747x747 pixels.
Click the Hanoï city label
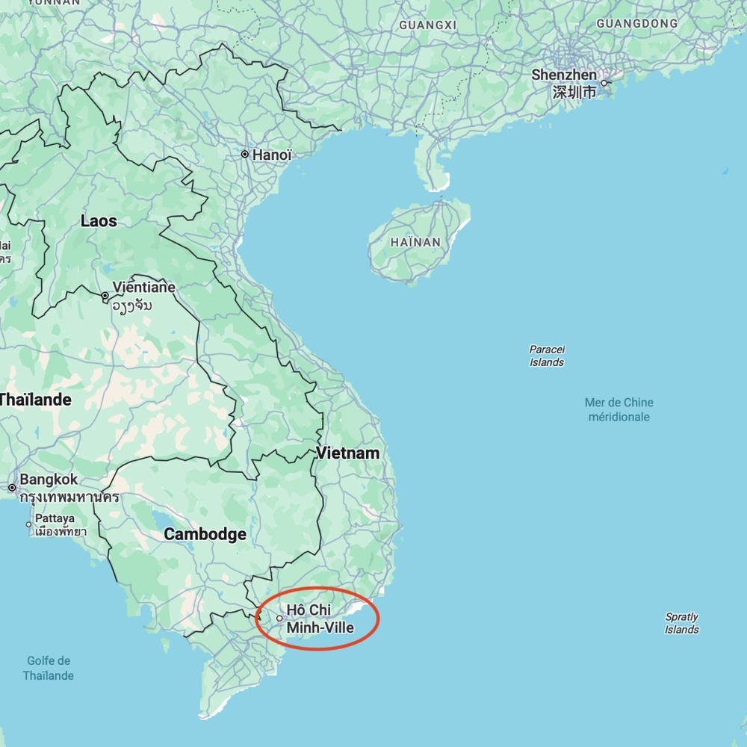click(x=272, y=155)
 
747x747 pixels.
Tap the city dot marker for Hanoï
click(x=244, y=155)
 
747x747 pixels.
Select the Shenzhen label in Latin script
click(x=564, y=75)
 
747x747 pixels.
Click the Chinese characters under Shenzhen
click(x=574, y=92)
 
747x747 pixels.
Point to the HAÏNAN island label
click(x=415, y=243)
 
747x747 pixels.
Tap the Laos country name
click(x=99, y=221)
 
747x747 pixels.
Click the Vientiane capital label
click(x=144, y=288)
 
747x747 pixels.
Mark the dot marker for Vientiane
click(x=105, y=297)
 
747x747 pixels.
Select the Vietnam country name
click(x=347, y=453)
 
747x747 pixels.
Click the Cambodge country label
click(x=205, y=534)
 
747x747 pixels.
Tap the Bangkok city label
click(x=49, y=480)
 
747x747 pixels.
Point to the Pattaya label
click(x=55, y=518)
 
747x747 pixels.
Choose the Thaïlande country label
click(x=34, y=400)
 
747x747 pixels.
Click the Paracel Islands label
click(x=547, y=356)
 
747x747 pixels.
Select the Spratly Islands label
click(x=681, y=623)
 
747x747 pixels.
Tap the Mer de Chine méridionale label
click(x=619, y=409)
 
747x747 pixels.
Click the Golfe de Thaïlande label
click(x=49, y=668)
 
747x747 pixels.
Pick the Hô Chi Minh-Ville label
click(x=320, y=619)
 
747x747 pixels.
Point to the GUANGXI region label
click(x=427, y=25)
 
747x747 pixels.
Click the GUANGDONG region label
click(x=637, y=23)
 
